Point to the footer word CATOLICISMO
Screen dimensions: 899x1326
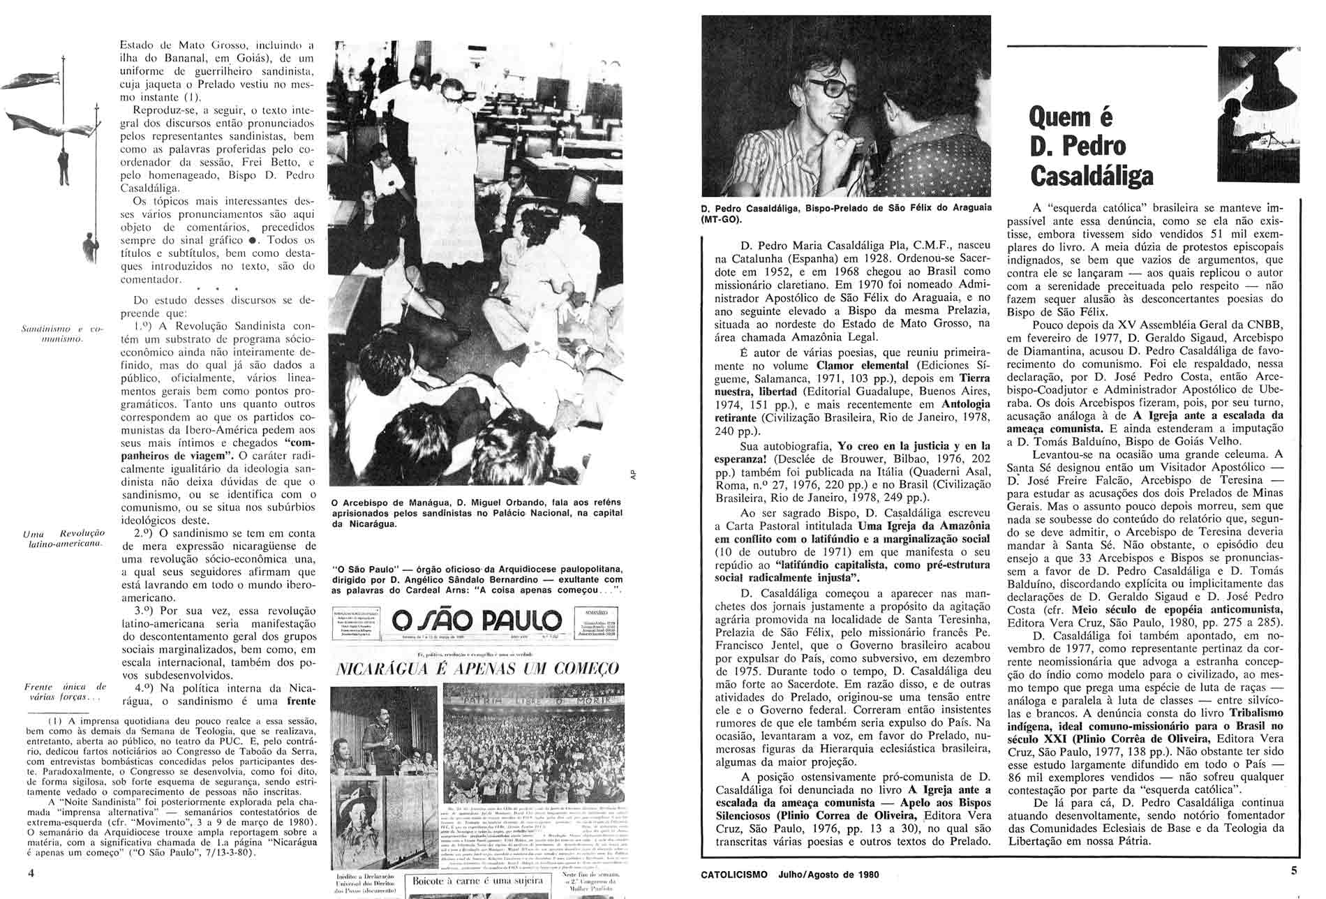click(735, 873)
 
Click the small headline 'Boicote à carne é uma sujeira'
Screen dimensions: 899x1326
click(482, 881)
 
